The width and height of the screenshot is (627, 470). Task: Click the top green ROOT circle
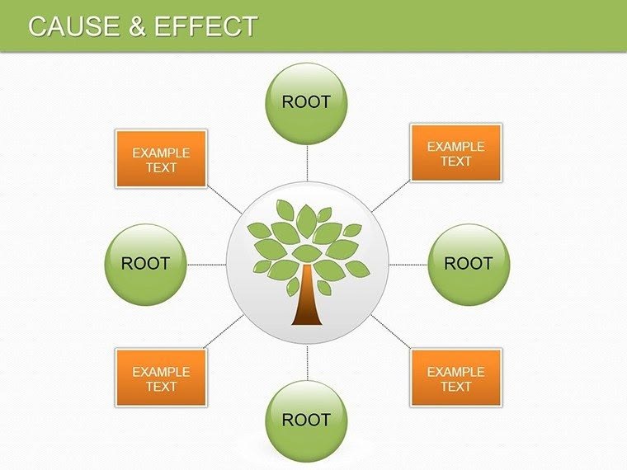[x=306, y=102]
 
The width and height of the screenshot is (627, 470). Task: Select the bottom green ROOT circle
[x=306, y=420]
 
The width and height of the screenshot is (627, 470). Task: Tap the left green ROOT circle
[x=145, y=264]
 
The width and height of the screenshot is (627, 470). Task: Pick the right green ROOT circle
[x=469, y=264]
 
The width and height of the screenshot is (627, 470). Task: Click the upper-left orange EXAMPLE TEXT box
[x=161, y=159]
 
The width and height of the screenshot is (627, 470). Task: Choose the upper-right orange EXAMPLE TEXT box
[x=455, y=153]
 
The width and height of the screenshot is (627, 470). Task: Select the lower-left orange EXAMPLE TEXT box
[x=161, y=378]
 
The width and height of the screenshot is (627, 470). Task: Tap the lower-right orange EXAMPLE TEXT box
[x=455, y=378]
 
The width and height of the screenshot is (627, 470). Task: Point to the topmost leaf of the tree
[x=306, y=218]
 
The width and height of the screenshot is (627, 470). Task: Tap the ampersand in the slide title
[x=138, y=26]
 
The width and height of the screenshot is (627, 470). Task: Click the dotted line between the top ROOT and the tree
[x=307, y=162]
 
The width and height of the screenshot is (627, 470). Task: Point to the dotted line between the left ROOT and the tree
[x=206, y=265]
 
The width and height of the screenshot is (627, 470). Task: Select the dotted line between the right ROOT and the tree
[x=408, y=265]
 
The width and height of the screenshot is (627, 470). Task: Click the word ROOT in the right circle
[x=469, y=264]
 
